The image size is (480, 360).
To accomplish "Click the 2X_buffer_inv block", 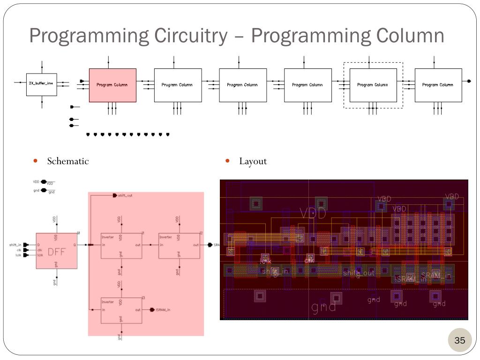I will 41,83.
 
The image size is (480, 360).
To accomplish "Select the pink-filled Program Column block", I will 112,85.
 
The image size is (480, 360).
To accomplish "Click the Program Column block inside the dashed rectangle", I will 373,85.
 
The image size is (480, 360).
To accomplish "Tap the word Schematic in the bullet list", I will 67,161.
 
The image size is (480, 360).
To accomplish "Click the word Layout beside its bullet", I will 253,161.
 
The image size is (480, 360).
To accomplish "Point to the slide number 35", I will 459,340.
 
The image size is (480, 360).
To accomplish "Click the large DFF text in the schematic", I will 56,252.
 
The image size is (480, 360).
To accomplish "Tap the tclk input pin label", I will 18,255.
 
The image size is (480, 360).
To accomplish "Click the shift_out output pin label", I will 125,195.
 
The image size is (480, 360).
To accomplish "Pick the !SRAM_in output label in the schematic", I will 163,310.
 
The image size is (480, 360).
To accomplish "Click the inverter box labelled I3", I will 121,309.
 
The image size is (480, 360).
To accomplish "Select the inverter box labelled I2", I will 179,245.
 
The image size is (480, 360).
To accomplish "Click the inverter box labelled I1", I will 121,245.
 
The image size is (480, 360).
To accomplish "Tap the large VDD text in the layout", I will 313,214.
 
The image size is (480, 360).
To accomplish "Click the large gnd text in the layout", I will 323,307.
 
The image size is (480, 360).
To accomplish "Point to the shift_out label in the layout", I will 359,273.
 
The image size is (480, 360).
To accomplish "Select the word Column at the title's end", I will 407,36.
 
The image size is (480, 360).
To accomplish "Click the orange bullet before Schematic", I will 36,161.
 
